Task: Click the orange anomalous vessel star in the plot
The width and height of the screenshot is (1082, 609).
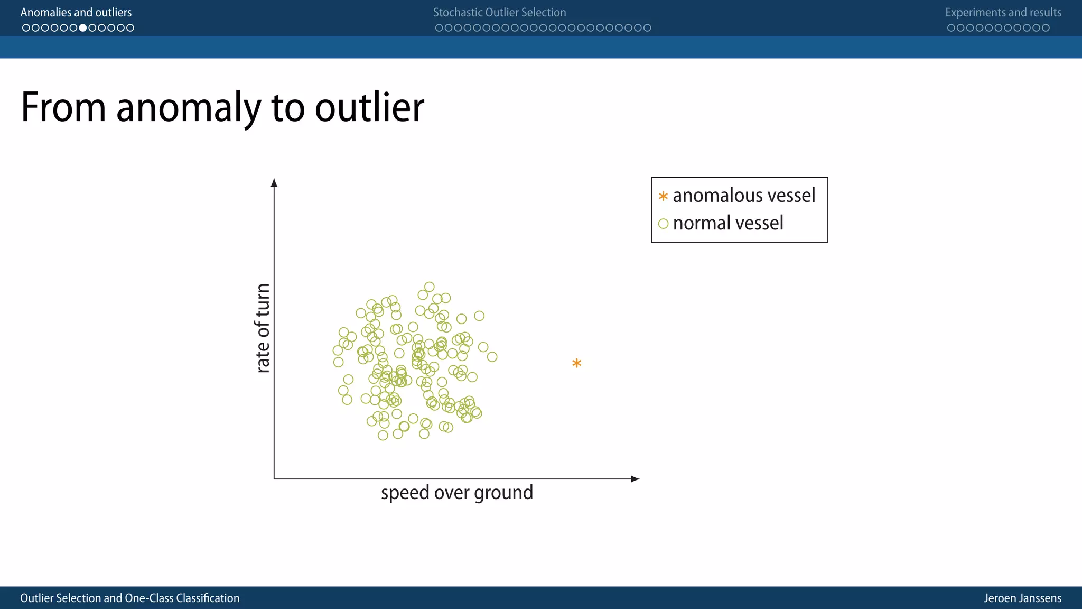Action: (x=576, y=363)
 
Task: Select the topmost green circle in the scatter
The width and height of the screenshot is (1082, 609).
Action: (x=430, y=287)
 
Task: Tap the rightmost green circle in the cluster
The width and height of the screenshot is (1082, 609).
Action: (x=492, y=357)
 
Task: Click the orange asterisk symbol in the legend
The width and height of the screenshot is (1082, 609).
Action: (x=663, y=197)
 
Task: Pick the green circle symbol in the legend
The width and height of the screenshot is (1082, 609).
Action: (x=663, y=224)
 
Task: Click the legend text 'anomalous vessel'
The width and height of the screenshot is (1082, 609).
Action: (x=744, y=196)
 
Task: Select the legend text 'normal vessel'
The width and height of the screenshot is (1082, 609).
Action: (x=728, y=223)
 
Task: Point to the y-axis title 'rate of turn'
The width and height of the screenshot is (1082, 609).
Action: (x=263, y=328)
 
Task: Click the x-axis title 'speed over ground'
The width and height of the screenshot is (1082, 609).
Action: (x=457, y=493)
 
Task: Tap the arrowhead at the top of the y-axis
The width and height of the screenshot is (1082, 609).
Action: (x=274, y=183)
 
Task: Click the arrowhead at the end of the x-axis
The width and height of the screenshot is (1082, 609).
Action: (x=636, y=479)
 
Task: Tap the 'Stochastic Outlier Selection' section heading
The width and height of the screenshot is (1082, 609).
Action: (x=499, y=12)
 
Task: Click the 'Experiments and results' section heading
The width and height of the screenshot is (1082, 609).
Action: (x=1003, y=12)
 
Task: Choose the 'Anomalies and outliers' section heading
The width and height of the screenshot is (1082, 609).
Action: (x=76, y=12)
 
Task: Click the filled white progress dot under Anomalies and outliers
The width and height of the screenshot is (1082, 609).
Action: (x=83, y=28)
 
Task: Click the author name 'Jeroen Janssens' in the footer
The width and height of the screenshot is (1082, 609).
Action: (x=1022, y=598)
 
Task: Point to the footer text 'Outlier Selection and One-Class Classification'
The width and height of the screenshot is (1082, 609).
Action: (x=130, y=598)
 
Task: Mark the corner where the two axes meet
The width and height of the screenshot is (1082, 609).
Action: (x=274, y=479)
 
